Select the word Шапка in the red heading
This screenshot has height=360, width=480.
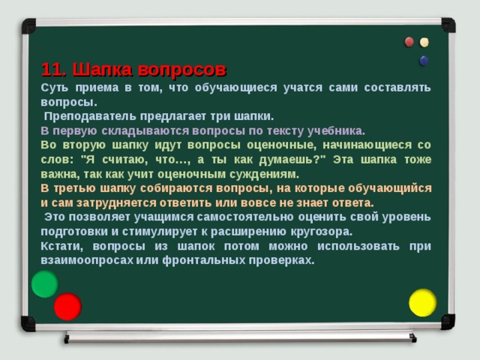pyautogui.click(x=103, y=70)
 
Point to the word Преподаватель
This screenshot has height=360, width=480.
pyautogui.click(x=88, y=117)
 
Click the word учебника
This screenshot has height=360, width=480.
pyautogui.click(x=334, y=130)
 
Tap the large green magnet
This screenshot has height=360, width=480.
pyautogui.click(x=44, y=284)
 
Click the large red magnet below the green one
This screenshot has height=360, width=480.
pyautogui.click(x=67, y=306)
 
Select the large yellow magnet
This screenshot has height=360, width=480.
pyautogui.click(x=422, y=302)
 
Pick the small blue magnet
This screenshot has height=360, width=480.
pyautogui.click(x=424, y=60)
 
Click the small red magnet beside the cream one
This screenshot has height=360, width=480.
pyautogui.click(x=409, y=42)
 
